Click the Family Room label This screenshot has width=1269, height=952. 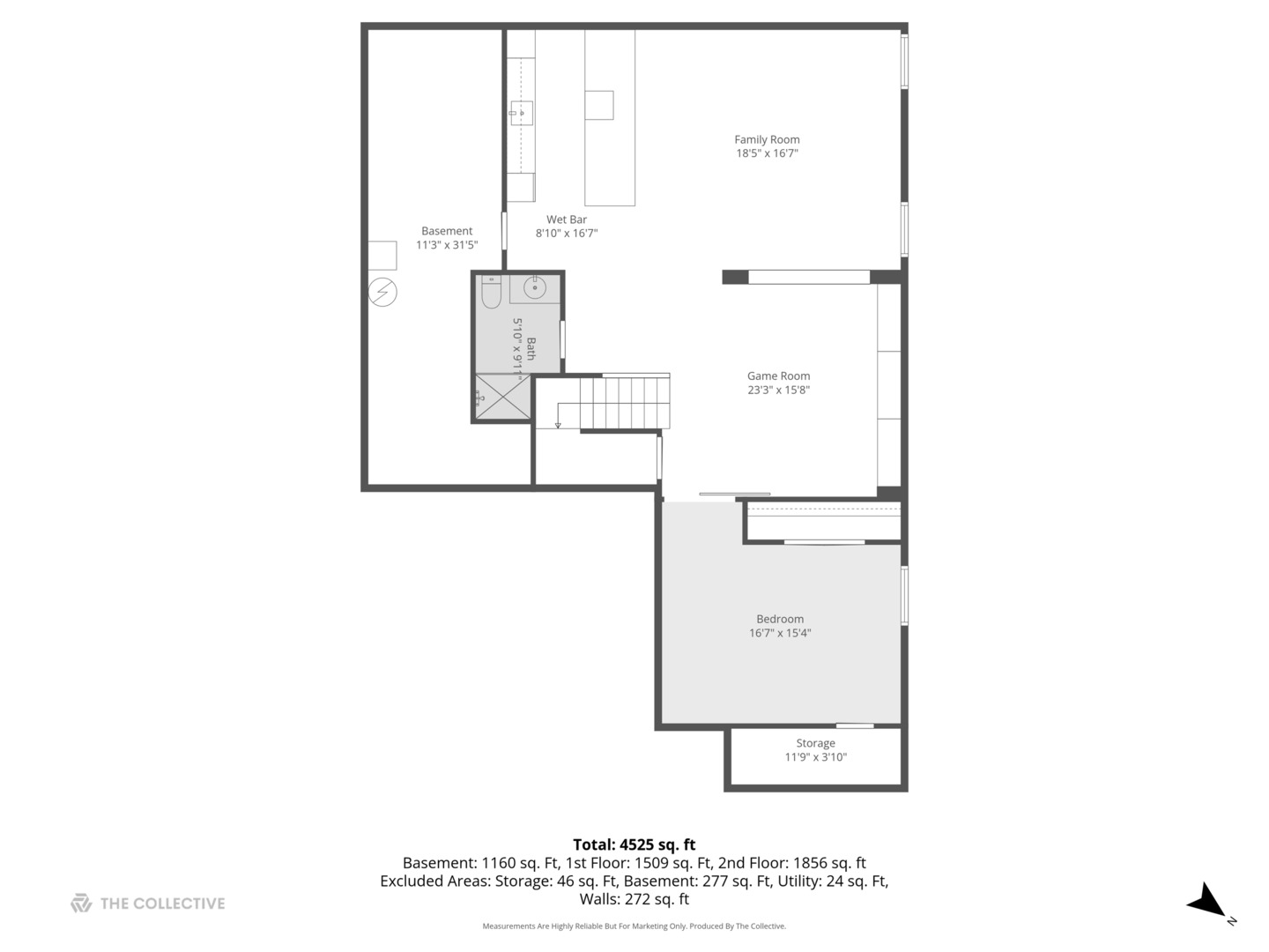(x=767, y=139)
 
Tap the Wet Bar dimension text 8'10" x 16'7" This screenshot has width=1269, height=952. (x=567, y=234)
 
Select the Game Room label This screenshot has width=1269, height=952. (x=778, y=376)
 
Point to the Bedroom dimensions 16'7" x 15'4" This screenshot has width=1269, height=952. (x=780, y=633)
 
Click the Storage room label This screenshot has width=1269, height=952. (x=815, y=743)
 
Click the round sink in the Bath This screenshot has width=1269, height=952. (x=535, y=287)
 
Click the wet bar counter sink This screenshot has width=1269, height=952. (x=521, y=113)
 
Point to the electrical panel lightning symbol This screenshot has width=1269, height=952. (x=383, y=292)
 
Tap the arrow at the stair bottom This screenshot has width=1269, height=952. (x=558, y=426)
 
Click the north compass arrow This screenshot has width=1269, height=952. (x=1206, y=903)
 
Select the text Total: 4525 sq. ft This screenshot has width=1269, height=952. (x=634, y=844)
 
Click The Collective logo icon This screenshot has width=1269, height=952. (x=81, y=903)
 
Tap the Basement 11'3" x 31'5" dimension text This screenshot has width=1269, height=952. (x=447, y=245)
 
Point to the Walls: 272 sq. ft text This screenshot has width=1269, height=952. (x=634, y=899)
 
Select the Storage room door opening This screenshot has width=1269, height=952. (x=854, y=725)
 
